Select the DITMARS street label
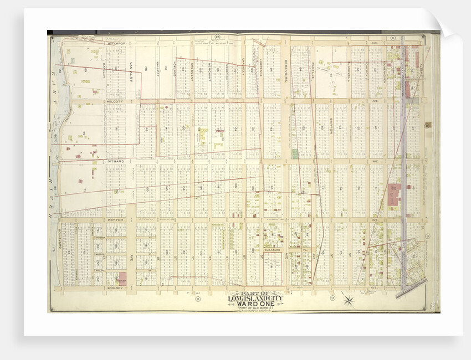(113, 161)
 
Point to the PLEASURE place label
(273, 250)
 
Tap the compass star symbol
(348, 301)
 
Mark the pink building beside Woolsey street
(122, 278)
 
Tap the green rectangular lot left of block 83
(295, 153)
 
